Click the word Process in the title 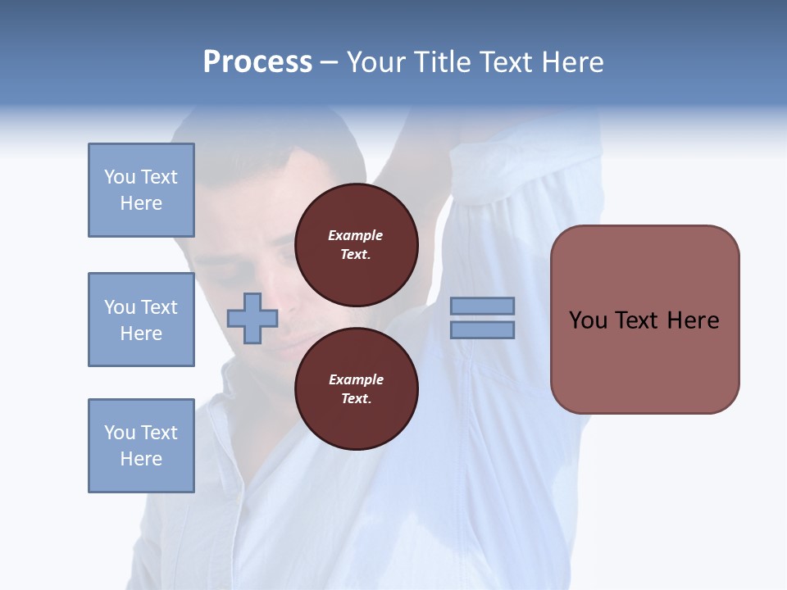(x=257, y=61)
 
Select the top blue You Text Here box (x=141, y=190)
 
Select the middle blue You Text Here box (x=141, y=320)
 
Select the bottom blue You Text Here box (x=141, y=445)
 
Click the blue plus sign (x=252, y=318)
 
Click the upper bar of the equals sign (x=482, y=306)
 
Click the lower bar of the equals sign (x=482, y=329)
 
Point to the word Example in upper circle (x=355, y=235)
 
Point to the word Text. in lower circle (x=356, y=398)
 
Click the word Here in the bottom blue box (x=141, y=458)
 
